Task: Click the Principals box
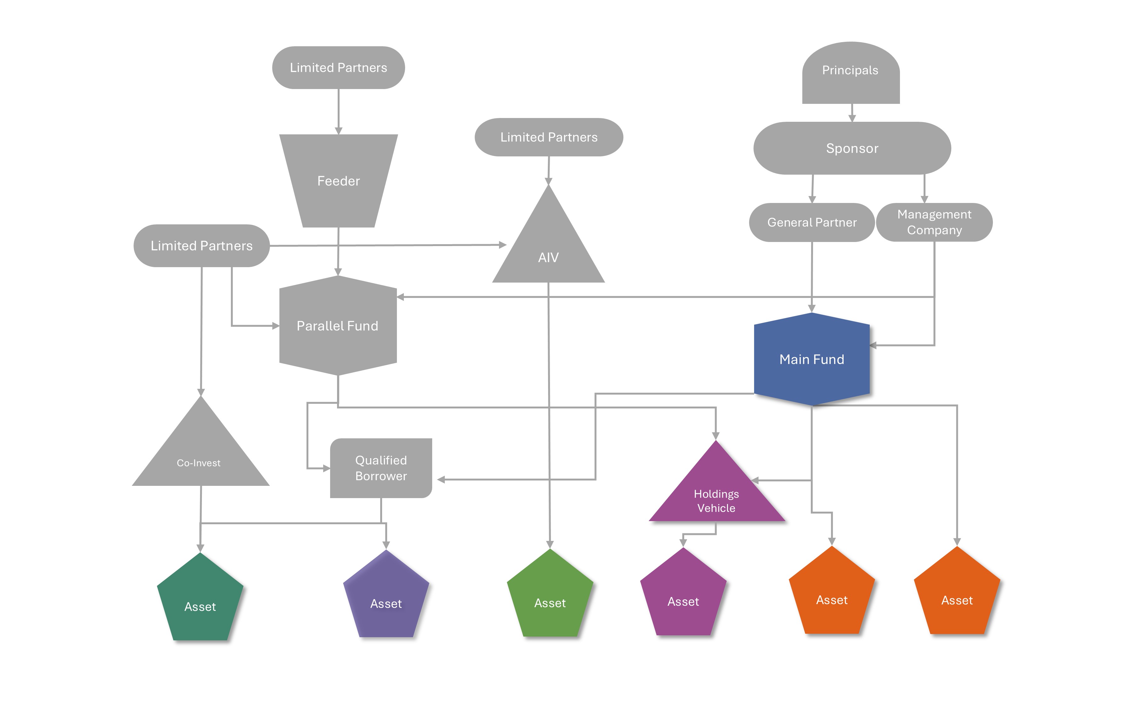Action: coord(850,73)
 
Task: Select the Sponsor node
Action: coord(852,149)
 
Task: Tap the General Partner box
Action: coord(812,222)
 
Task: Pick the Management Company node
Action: coord(934,222)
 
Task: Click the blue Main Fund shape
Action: coord(812,359)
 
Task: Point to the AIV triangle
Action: coord(548,248)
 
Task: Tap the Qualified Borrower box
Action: coord(381,468)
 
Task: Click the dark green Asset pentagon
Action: coord(200,602)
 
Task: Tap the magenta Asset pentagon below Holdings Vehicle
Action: coord(683,597)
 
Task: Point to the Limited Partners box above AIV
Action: coord(549,137)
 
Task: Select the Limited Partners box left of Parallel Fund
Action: coord(202,246)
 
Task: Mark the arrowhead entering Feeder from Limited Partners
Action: coord(338,131)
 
